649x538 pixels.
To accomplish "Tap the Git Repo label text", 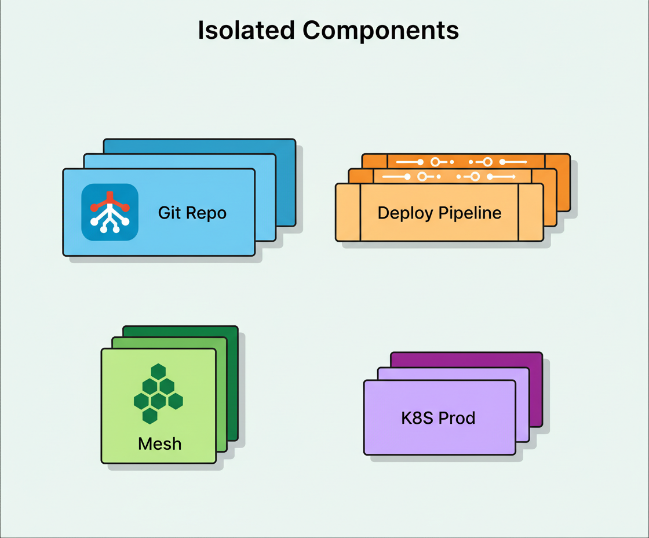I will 192,213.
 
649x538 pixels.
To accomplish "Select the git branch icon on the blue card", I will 110,212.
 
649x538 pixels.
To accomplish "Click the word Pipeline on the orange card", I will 470,213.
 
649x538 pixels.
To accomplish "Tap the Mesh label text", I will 159,444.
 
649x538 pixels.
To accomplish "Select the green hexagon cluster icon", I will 158,394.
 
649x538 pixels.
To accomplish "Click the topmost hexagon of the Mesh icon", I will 158,372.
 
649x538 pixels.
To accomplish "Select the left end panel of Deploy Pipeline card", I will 348,212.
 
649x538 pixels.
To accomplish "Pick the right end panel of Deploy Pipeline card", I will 530,212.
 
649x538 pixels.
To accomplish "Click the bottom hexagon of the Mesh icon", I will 150,415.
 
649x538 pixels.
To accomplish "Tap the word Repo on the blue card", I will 209,213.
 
